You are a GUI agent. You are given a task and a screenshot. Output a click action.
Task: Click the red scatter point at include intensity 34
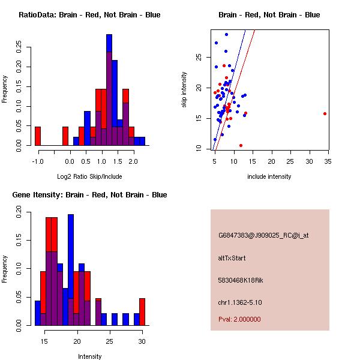[325, 113]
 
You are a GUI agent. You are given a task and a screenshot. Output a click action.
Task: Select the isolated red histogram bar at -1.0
[38, 136]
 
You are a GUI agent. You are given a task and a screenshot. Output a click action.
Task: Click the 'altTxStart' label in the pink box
[232, 258]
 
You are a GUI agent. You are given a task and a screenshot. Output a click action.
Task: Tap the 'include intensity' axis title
[269, 176]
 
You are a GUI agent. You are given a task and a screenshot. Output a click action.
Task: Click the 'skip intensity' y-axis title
[185, 90]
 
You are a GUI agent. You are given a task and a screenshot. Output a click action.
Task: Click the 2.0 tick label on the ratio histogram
[133, 161]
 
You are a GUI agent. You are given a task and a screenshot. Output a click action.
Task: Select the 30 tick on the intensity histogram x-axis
[142, 341]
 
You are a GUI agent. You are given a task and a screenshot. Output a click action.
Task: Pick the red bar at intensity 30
[142, 312]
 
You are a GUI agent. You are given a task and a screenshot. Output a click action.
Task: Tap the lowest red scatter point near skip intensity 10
[241, 145]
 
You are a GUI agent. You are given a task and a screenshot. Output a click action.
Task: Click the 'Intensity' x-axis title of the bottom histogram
[89, 356]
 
